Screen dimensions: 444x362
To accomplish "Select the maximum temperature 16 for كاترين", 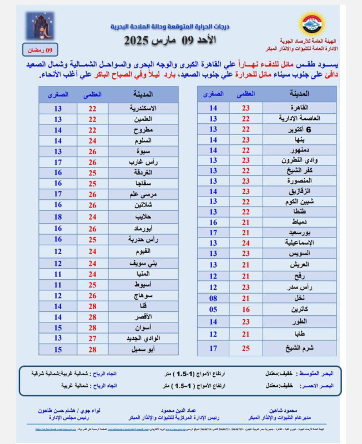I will [246, 309].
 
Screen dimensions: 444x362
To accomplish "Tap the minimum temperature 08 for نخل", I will [213, 297].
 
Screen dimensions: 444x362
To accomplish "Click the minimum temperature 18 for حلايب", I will [58, 216].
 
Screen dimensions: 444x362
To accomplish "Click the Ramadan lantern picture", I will [40, 26].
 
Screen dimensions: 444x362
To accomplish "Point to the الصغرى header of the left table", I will [58, 94].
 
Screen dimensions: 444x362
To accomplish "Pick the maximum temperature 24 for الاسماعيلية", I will [246, 243].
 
